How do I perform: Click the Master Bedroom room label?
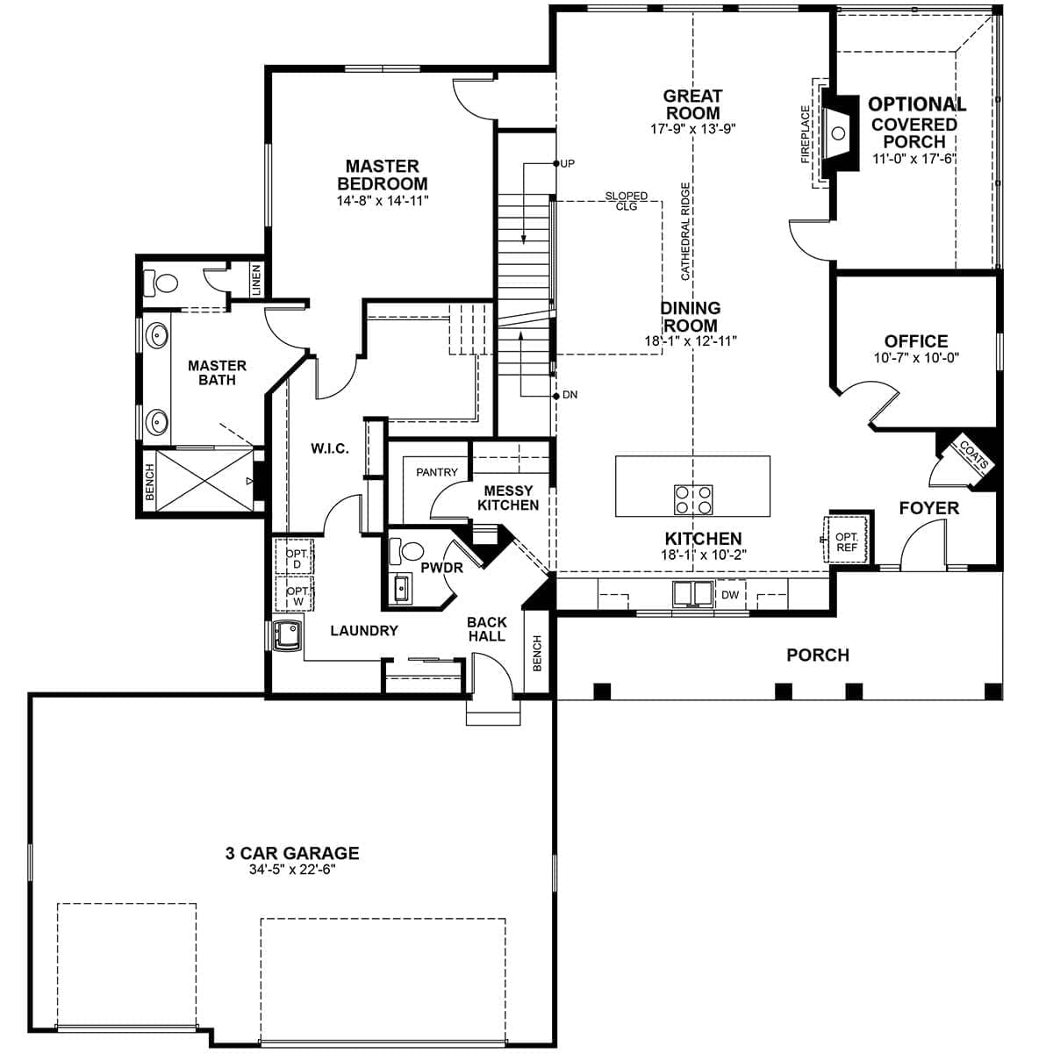point(382,175)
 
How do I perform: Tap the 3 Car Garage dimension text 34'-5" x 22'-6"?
point(292,870)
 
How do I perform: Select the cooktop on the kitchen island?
point(692,499)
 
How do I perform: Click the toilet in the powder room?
point(406,552)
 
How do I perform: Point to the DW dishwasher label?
point(730,595)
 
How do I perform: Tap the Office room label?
point(915,341)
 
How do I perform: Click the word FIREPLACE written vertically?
point(806,134)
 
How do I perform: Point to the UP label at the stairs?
point(568,164)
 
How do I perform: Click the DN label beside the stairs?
point(569,395)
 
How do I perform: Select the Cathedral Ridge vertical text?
point(685,231)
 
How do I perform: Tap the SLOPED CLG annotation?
point(626,201)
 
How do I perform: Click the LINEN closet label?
point(256,280)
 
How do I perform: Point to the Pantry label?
point(437,472)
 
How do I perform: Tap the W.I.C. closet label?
point(329,448)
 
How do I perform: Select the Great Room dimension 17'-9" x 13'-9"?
point(692,128)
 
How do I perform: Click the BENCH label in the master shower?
point(149,482)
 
